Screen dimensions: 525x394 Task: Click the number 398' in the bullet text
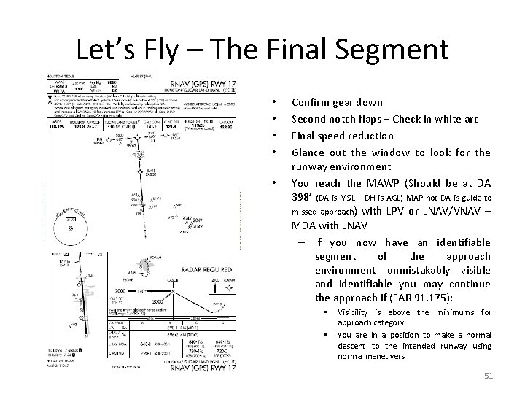(306, 198)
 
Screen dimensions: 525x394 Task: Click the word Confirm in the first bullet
(311, 103)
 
